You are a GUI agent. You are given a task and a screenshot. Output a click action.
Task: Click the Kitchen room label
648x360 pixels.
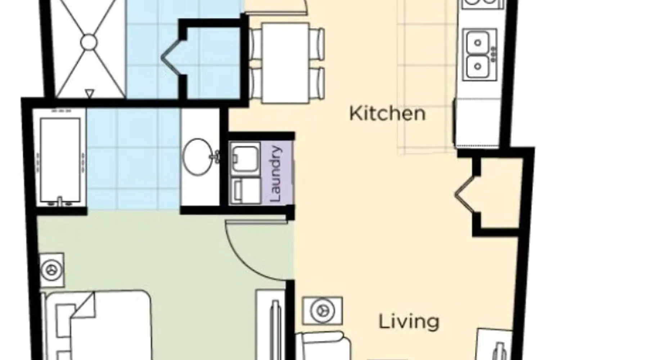(x=387, y=113)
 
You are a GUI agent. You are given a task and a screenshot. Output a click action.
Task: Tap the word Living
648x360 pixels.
(x=409, y=321)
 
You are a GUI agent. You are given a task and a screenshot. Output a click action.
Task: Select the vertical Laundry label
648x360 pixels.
(x=276, y=174)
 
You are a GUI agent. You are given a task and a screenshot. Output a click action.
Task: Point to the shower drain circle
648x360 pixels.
(x=89, y=42)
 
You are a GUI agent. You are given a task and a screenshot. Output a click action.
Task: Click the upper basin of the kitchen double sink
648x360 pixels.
(x=478, y=43)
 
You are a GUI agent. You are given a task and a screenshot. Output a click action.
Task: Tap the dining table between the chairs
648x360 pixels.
(x=285, y=63)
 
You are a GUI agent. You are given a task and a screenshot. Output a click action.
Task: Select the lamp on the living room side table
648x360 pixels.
(x=323, y=310)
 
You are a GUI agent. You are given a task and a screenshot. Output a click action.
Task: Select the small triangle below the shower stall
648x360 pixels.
(x=90, y=94)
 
